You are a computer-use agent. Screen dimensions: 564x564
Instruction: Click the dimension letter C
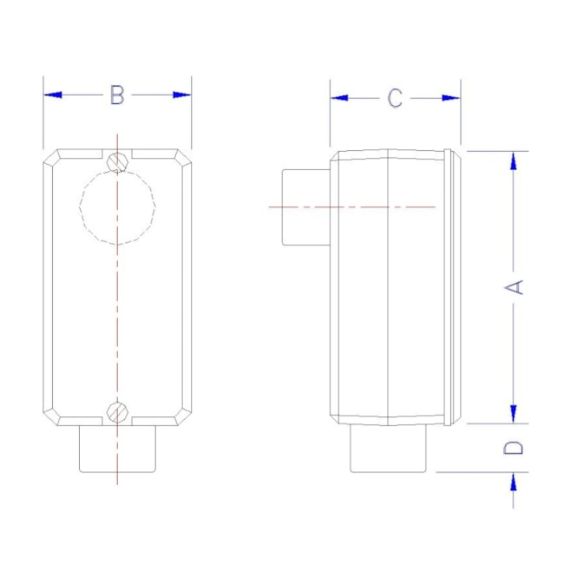[x=395, y=98]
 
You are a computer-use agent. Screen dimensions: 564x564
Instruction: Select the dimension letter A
[x=515, y=286]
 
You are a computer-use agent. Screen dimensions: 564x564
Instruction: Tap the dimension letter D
[x=515, y=448]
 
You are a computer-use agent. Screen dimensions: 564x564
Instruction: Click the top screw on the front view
[x=118, y=161]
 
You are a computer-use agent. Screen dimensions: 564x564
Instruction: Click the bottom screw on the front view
[x=118, y=411]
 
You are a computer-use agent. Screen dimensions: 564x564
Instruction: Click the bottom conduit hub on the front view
[x=117, y=449]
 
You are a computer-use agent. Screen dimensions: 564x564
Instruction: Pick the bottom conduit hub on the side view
[x=390, y=449]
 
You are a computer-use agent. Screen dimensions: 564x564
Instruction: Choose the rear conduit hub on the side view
[x=305, y=207]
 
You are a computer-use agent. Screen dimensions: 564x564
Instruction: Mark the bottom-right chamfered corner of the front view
[x=181, y=415]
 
